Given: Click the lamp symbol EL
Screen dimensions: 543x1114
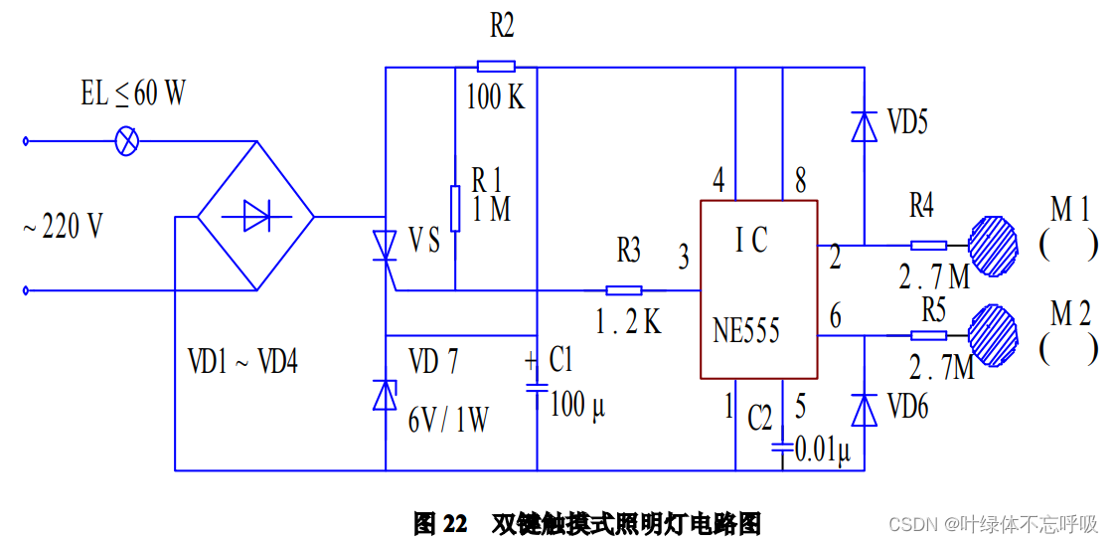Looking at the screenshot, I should [127, 140].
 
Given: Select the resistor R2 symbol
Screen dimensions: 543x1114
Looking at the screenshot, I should [496, 67].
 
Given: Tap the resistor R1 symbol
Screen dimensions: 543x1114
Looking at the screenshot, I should [455, 207].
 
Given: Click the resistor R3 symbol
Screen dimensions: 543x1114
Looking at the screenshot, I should [624, 290].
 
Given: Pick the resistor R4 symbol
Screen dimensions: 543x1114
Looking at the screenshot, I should [928, 245].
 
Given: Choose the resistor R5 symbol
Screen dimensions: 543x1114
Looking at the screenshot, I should [928, 336].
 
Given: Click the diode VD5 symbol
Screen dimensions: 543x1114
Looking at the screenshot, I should [864, 125].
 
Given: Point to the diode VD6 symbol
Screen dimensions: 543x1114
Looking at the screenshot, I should [864, 409].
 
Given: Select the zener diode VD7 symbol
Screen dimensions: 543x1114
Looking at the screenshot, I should [385, 395].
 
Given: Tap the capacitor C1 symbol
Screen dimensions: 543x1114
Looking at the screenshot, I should [537, 388].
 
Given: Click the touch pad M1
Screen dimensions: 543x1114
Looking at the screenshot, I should [993, 246].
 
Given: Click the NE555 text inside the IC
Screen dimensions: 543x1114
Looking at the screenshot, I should [745, 330].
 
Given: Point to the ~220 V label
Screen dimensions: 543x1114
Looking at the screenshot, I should [63, 227].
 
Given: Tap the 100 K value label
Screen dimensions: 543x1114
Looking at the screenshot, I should [496, 97].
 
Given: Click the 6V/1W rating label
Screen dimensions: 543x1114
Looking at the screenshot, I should [448, 420].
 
